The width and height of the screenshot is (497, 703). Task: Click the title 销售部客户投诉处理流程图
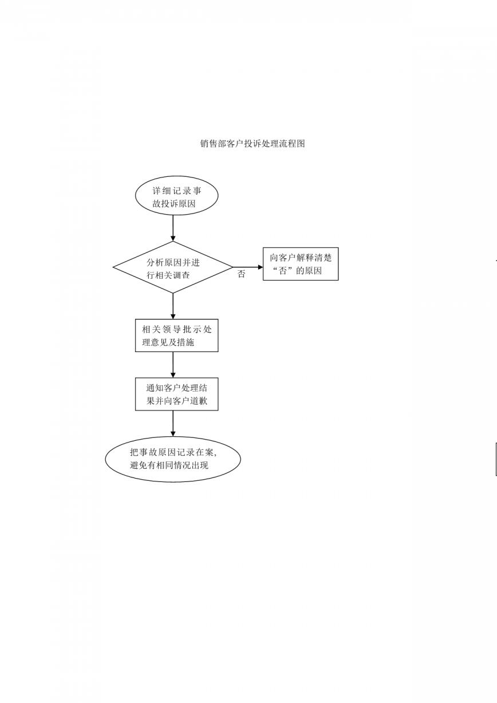[x=253, y=144]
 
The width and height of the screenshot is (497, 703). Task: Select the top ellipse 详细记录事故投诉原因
[x=177, y=195]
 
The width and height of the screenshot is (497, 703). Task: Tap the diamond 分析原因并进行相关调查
[x=173, y=267]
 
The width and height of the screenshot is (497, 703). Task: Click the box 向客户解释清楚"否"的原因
[x=301, y=264]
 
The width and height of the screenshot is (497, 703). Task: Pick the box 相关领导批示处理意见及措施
[x=177, y=335]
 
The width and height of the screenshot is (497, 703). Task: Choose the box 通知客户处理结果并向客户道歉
[x=177, y=394]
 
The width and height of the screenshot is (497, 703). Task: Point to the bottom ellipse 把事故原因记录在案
[x=173, y=459]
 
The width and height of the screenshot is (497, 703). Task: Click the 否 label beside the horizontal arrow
[x=241, y=274]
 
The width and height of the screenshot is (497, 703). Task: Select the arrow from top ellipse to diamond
[x=173, y=228]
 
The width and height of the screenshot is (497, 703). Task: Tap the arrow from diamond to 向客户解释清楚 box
[x=248, y=267]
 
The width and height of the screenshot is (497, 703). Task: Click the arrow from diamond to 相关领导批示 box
[x=173, y=306]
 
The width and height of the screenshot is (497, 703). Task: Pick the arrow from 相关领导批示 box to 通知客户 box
[x=173, y=365]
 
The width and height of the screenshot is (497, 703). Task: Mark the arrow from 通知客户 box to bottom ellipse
[x=173, y=424]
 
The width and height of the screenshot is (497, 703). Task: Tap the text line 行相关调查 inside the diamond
[x=168, y=275]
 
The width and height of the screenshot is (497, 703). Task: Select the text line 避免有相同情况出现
[x=169, y=465]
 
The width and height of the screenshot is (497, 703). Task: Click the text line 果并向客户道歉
[x=177, y=401]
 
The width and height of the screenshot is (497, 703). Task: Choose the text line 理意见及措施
[x=168, y=342]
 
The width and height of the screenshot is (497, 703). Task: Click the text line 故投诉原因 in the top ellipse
[x=174, y=203]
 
